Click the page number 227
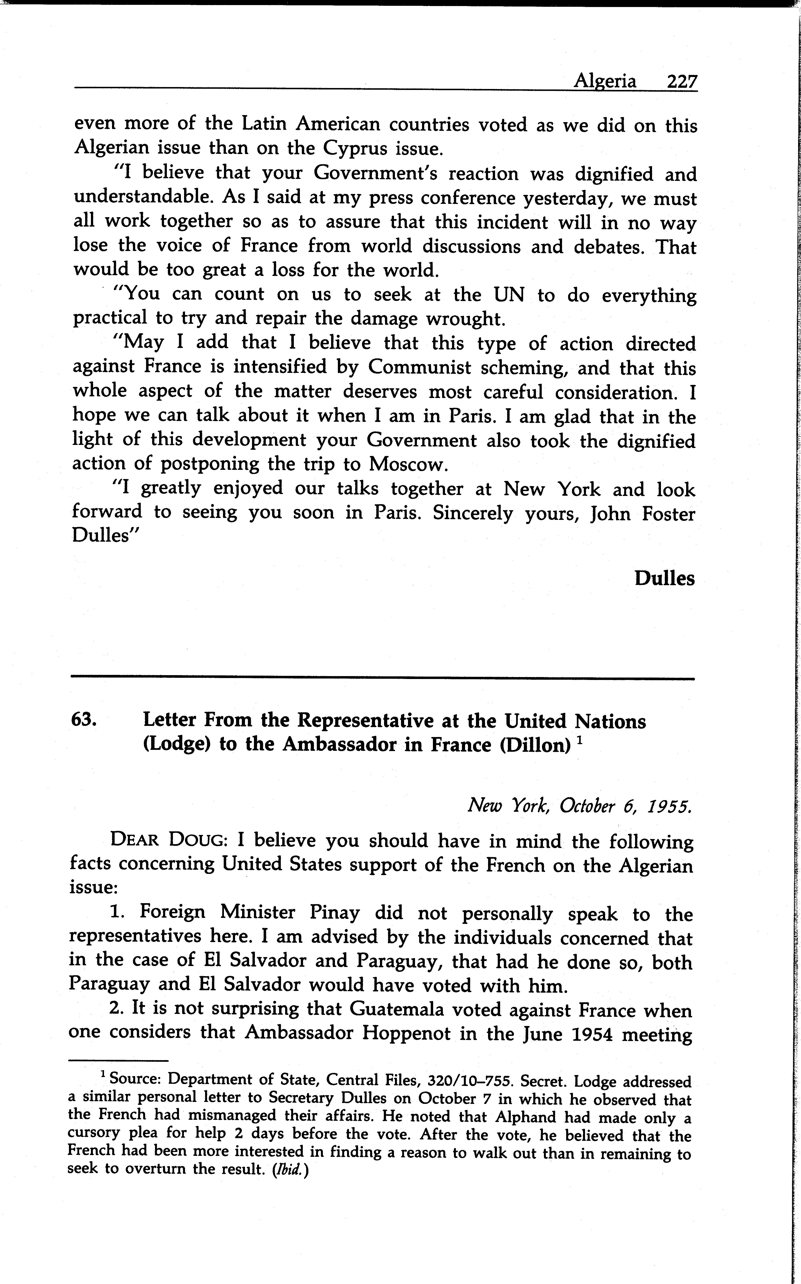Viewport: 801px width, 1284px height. (682, 81)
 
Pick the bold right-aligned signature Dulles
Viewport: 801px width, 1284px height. (664, 578)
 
